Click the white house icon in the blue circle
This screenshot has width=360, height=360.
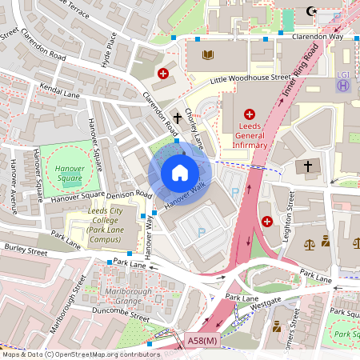pos(180,173)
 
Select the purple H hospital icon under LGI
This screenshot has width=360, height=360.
pos(342,86)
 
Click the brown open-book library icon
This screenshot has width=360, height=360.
pos(209,55)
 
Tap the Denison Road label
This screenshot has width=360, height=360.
pos(131,194)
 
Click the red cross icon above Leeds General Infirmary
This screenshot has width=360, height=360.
pos(249,114)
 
